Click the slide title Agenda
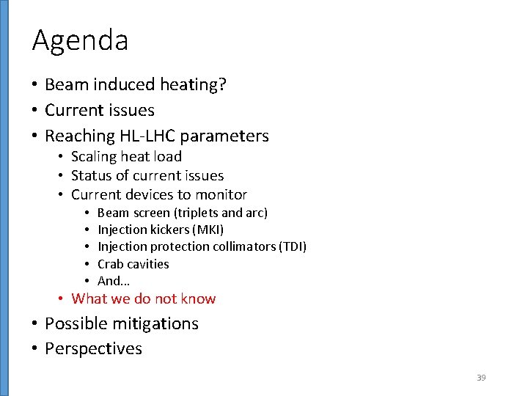80,41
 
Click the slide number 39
481,378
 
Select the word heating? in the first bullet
196,85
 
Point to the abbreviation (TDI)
293,246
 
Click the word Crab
111,264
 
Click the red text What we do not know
143,298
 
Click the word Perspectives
93,348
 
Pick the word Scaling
94,156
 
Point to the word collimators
244,246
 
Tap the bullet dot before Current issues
35,111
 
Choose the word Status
90,175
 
